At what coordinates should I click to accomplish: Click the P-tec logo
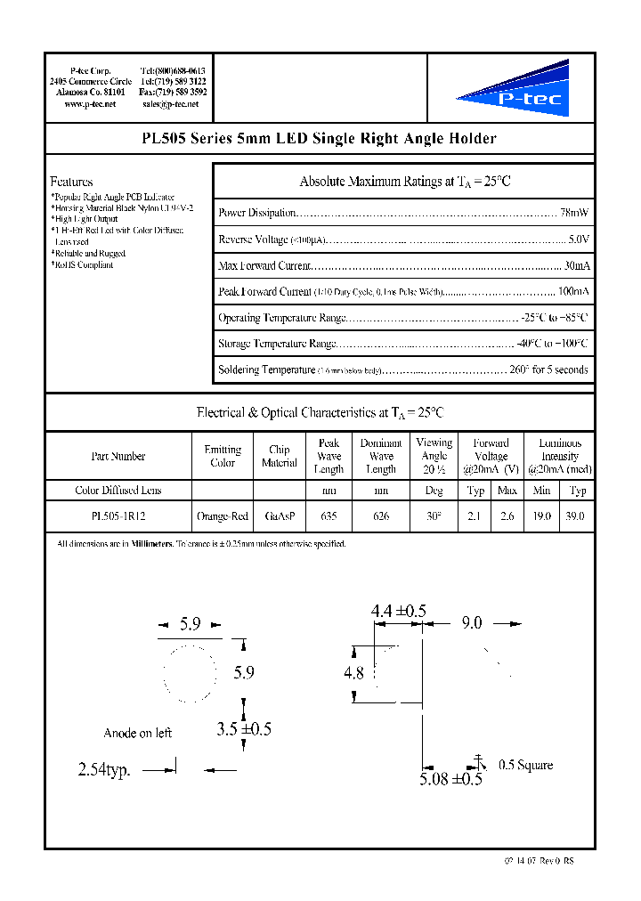(512, 89)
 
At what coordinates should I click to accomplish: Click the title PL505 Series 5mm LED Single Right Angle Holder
(319, 139)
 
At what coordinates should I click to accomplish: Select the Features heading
(71, 182)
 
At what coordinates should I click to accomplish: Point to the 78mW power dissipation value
(574, 213)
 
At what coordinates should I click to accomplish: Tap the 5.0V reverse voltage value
(578, 239)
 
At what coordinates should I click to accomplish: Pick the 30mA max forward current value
(576, 265)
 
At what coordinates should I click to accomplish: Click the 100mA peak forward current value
(572, 291)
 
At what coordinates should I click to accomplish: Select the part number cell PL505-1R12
(118, 515)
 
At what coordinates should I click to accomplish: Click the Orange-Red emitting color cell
(222, 515)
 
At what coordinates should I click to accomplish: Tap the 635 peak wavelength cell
(329, 515)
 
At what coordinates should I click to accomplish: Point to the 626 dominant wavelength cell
(380, 515)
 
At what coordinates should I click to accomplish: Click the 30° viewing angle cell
(434, 515)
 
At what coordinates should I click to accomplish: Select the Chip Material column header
(279, 456)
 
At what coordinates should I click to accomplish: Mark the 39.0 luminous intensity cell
(577, 515)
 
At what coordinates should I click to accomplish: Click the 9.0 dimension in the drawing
(471, 623)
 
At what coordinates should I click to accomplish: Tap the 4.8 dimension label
(353, 673)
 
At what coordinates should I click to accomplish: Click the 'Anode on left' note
(137, 733)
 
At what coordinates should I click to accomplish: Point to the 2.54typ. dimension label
(104, 770)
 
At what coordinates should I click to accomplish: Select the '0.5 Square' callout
(525, 765)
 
